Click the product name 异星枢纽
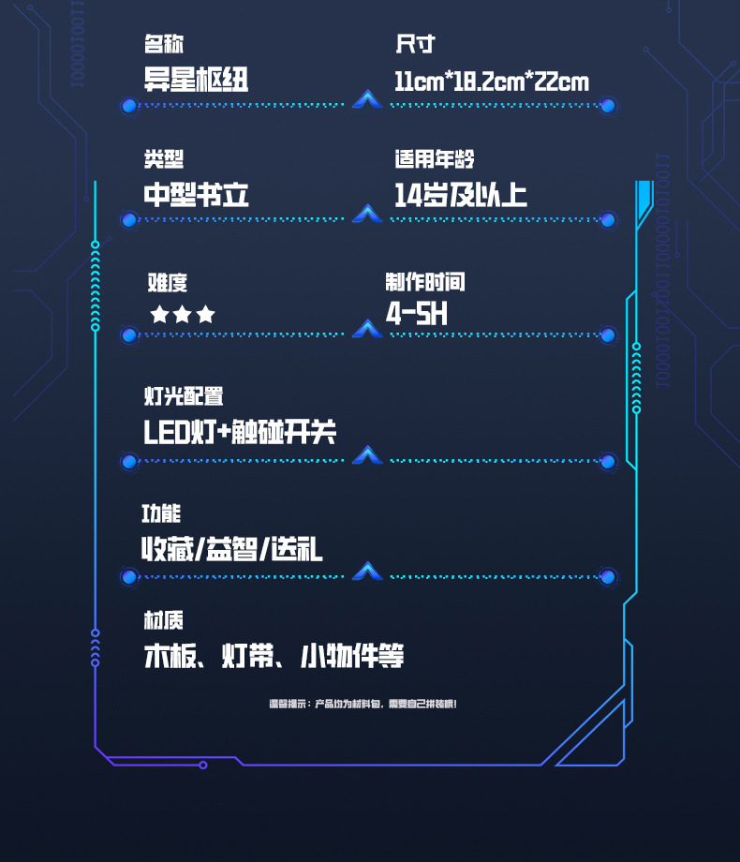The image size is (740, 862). click(x=196, y=80)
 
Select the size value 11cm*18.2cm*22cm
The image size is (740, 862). click(x=492, y=82)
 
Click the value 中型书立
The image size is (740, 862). click(x=196, y=195)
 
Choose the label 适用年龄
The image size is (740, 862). click(x=440, y=159)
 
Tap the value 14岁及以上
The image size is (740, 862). click(x=460, y=195)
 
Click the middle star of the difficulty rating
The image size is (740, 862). click(x=183, y=315)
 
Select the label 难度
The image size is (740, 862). click(x=168, y=282)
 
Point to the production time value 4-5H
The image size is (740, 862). click(x=416, y=313)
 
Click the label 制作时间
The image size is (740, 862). click(x=424, y=282)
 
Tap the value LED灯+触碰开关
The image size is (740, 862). click(x=239, y=432)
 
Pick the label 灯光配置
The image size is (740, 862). click(x=183, y=396)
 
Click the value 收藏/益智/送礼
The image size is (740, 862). click(x=231, y=549)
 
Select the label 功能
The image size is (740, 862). click(x=161, y=513)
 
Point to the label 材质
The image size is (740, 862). click(x=163, y=619)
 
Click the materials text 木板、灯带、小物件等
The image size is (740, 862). click(x=274, y=656)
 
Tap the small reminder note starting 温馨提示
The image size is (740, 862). click(x=363, y=704)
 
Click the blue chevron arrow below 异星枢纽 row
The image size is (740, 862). click(x=367, y=99)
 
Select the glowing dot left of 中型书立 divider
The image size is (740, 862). click(x=129, y=220)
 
